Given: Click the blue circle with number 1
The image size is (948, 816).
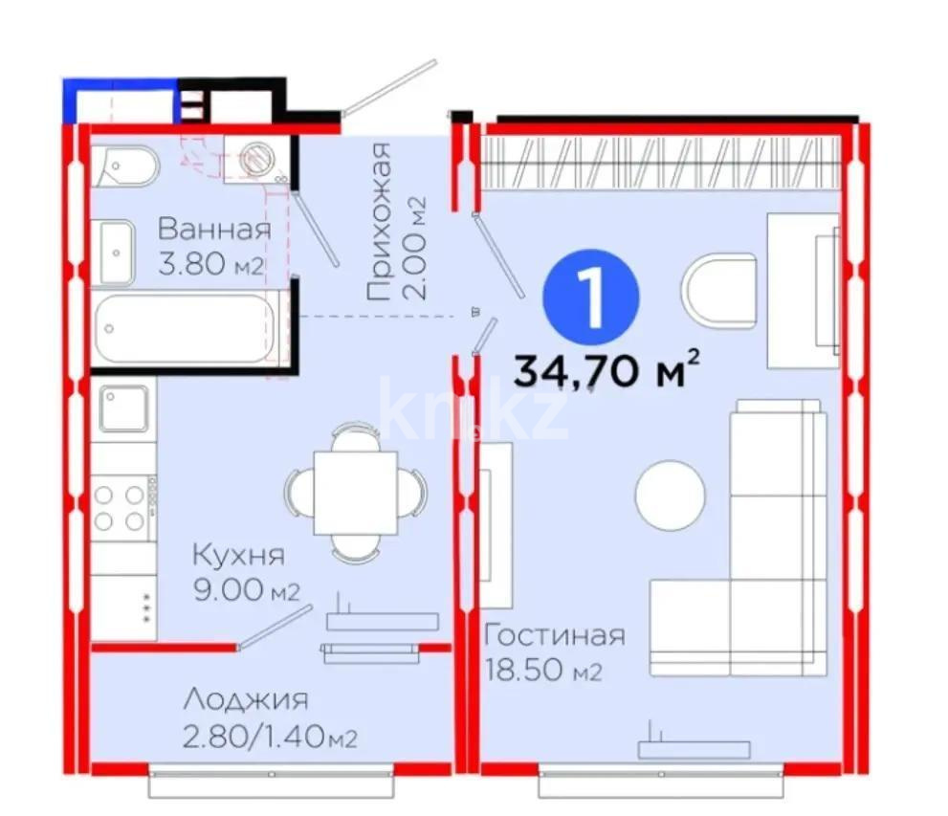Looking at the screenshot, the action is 590,298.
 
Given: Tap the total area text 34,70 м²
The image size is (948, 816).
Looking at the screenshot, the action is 606,369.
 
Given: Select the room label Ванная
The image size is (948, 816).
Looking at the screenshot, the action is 214,230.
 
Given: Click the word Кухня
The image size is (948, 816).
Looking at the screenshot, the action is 238,556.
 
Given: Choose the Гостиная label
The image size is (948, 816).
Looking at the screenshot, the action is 555,635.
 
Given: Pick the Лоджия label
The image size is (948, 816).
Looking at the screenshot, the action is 246,700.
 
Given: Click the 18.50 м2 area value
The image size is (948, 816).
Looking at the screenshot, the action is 543,671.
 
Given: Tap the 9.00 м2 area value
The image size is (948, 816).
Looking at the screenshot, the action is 247,590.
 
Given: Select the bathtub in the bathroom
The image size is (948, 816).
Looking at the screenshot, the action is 185,328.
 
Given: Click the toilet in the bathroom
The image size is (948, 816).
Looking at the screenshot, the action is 126,165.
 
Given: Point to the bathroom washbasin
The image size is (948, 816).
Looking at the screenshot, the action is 116,253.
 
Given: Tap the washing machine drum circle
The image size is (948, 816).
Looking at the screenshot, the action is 256,159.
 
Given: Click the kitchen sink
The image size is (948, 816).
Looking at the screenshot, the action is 123,408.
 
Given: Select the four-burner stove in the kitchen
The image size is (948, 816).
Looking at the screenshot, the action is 123,508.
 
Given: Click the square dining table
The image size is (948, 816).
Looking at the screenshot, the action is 356,493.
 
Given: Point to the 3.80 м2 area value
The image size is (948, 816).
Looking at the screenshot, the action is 211,264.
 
